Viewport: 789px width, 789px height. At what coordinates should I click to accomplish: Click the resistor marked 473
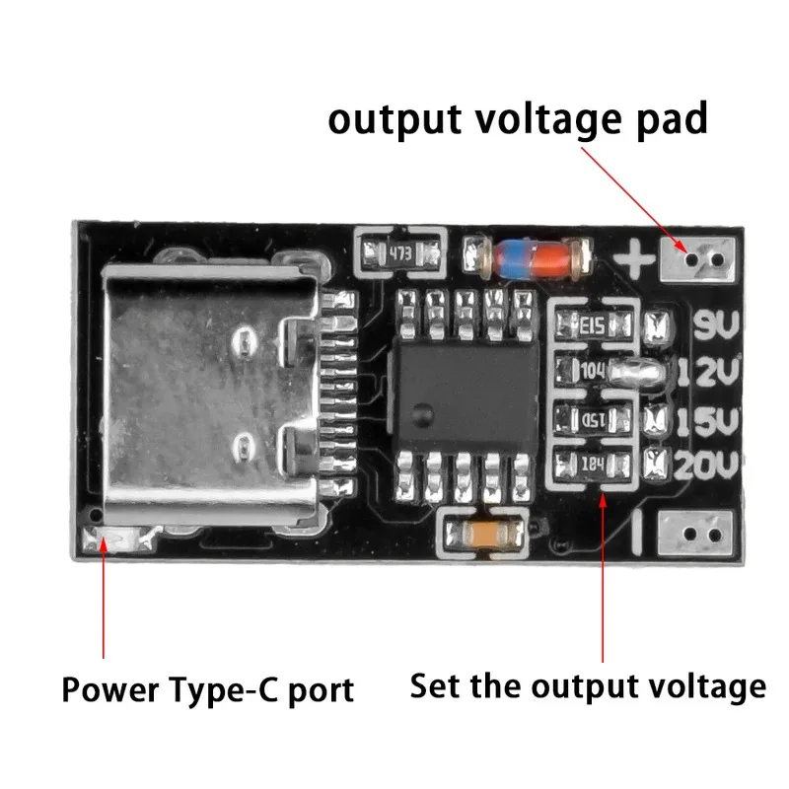pos(399,252)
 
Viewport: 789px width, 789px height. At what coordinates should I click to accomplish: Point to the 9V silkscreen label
pos(713,324)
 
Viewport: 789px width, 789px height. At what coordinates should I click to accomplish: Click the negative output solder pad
pos(696,534)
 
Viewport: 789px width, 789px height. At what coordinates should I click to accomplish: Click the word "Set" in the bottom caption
pos(433,684)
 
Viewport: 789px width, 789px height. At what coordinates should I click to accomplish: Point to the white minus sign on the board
pos(638,534)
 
